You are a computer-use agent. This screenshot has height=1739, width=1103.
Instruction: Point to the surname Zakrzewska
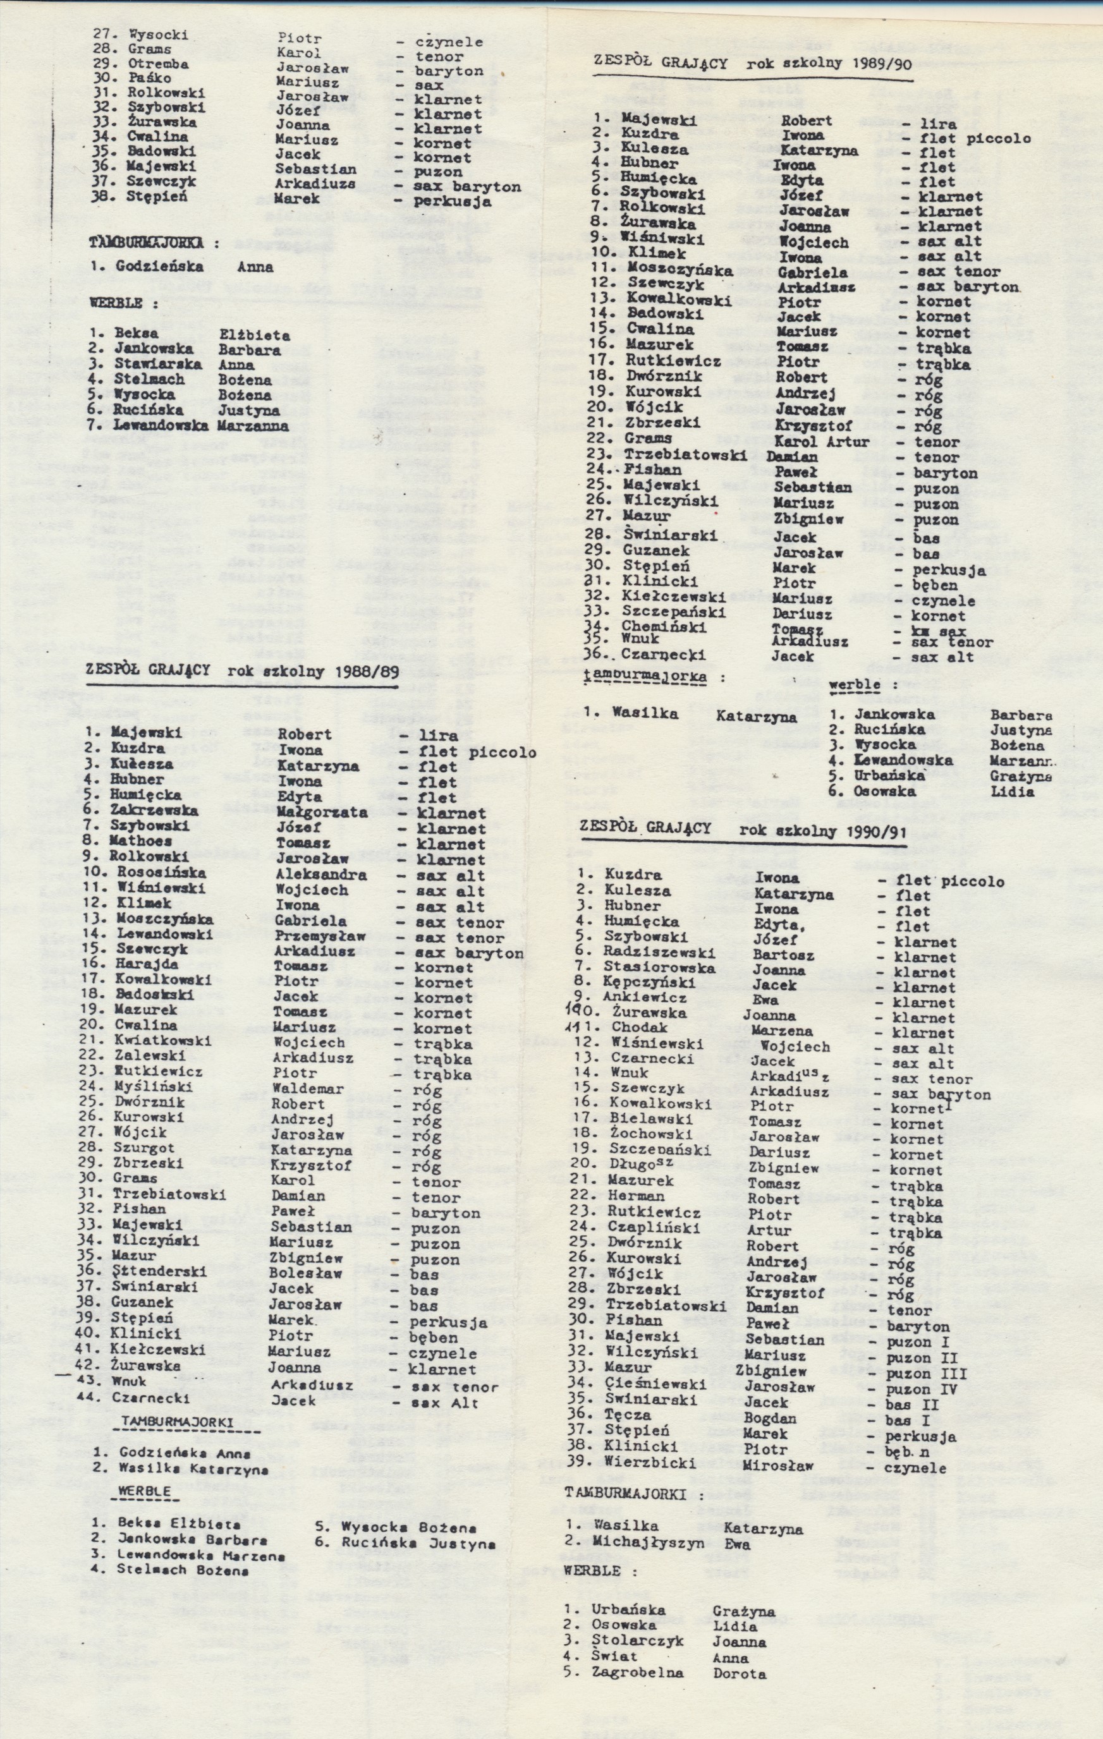pyautogui.click(x=155, y=810)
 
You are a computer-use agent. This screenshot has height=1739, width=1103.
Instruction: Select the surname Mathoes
pyautogui.click(x=141, y=840)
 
